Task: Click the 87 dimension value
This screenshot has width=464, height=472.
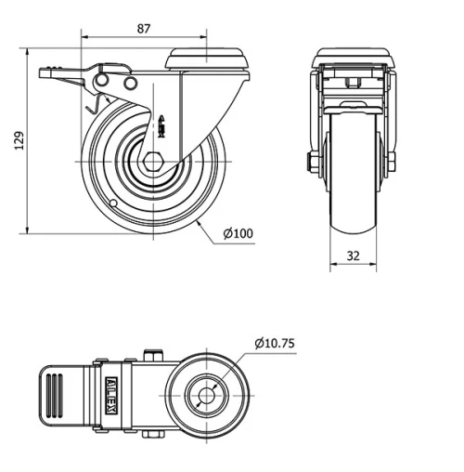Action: pos(144,29)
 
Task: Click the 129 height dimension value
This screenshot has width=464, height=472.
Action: pos(19,141)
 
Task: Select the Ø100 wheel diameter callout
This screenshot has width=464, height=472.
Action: pos(238,233)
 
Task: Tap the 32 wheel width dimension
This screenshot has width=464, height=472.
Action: pos(354,256)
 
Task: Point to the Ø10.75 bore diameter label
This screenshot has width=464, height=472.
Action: pos(275,343)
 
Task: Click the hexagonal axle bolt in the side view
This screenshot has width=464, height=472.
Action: pos(152,162)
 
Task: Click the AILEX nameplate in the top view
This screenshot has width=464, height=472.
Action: pos(111,396)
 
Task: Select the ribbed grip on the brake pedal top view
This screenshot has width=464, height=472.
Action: pos(55,396)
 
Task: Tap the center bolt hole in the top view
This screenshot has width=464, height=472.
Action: pos(207,396)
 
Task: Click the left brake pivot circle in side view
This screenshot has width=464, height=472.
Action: pos(101,81)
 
